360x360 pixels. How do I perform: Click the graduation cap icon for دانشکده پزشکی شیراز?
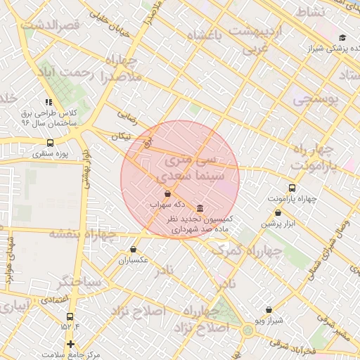[x=342, y=38]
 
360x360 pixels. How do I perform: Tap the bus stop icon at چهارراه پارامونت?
[x=292, y=188]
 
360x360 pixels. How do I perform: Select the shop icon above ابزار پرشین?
[x=278, y=212]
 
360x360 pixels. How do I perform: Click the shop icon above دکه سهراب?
[x=167, y=193]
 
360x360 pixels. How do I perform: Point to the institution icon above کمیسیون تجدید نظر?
[x=201, y=209]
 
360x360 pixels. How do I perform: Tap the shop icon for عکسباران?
[x=133, y=249]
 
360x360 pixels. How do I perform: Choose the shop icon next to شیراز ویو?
[x=269, y=309]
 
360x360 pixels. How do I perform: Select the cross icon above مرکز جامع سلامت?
[x=70, y=344]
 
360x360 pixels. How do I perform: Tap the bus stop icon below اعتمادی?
[x=70, y=315]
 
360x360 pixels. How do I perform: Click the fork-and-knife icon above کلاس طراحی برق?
[x=49, y=103]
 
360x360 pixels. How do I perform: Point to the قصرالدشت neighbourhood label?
[x=53, y=26]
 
